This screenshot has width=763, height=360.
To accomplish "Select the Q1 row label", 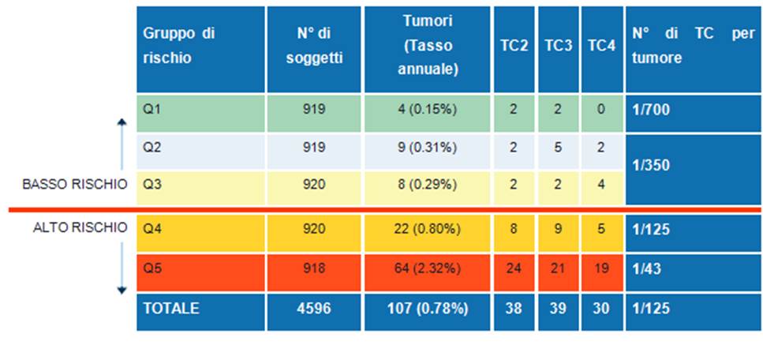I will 150,110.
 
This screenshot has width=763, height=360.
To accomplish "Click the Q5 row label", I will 150,268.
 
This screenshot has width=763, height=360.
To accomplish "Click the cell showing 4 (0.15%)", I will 427,110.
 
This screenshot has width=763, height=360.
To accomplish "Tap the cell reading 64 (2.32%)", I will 427,268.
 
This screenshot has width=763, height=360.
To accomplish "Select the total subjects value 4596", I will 313,309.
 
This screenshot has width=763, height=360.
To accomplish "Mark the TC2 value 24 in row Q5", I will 514,268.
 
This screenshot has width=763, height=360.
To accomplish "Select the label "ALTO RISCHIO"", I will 80,228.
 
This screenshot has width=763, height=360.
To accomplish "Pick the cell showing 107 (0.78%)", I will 427,309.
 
